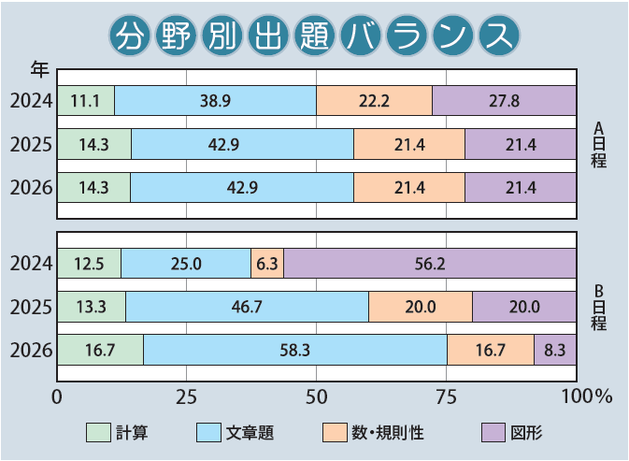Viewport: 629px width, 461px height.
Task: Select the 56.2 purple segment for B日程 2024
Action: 430,264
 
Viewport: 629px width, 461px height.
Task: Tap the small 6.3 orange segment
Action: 267,264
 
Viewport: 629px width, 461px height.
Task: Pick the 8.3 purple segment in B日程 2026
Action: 555,350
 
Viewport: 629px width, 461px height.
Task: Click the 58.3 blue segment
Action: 295,350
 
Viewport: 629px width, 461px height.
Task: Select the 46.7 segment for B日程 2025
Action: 247,307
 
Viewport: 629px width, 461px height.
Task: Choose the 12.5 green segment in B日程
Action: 90,264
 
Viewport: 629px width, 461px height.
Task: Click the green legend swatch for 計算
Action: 98,433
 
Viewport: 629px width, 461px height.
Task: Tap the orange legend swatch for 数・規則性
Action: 335,433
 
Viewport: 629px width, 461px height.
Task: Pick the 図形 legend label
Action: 526,433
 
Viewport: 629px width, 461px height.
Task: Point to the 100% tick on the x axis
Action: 584,396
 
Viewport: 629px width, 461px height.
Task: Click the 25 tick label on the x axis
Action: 187,396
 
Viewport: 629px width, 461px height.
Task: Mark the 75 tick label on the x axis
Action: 446,396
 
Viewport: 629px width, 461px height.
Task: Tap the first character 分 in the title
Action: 128,36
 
